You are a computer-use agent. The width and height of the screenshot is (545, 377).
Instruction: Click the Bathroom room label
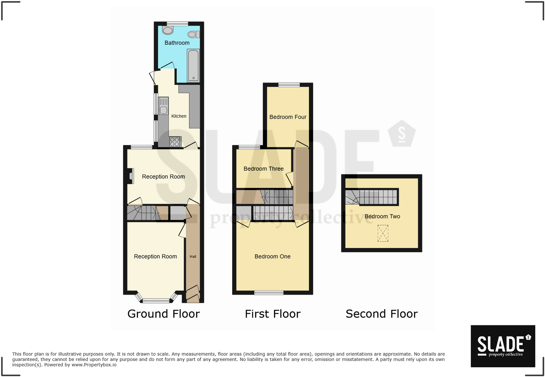click(177, 43)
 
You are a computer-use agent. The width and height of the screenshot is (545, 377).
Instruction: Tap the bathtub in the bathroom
click(193, 65)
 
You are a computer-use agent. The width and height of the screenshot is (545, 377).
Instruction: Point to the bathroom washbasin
click(168, 30)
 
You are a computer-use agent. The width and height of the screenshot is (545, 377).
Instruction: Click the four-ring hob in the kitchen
click(175, 142)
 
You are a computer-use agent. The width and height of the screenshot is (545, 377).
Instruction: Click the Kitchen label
click(179, 116)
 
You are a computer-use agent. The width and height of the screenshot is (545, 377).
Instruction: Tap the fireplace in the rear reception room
click(131, 176)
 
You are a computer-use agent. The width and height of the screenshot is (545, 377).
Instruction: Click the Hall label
click(193, 256)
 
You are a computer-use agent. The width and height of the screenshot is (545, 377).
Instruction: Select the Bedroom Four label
click(288, 117)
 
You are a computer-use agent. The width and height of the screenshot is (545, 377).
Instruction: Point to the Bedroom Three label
click(263, 169)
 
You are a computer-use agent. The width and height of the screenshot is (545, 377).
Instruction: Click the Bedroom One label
click(272, 256)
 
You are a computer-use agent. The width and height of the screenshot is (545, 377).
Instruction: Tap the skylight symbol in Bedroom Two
click(383, 233)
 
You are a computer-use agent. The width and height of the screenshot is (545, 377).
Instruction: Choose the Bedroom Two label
click(382, 216)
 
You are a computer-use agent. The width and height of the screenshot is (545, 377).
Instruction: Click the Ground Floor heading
click(163, 314)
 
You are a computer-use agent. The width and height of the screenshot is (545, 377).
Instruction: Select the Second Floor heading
click(381, 314)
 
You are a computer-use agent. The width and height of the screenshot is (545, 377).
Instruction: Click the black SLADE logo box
click(503, 346)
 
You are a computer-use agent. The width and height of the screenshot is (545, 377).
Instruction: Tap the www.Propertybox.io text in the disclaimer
click(94, 365)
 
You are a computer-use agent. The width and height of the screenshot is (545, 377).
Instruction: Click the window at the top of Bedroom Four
click(289, 85)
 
